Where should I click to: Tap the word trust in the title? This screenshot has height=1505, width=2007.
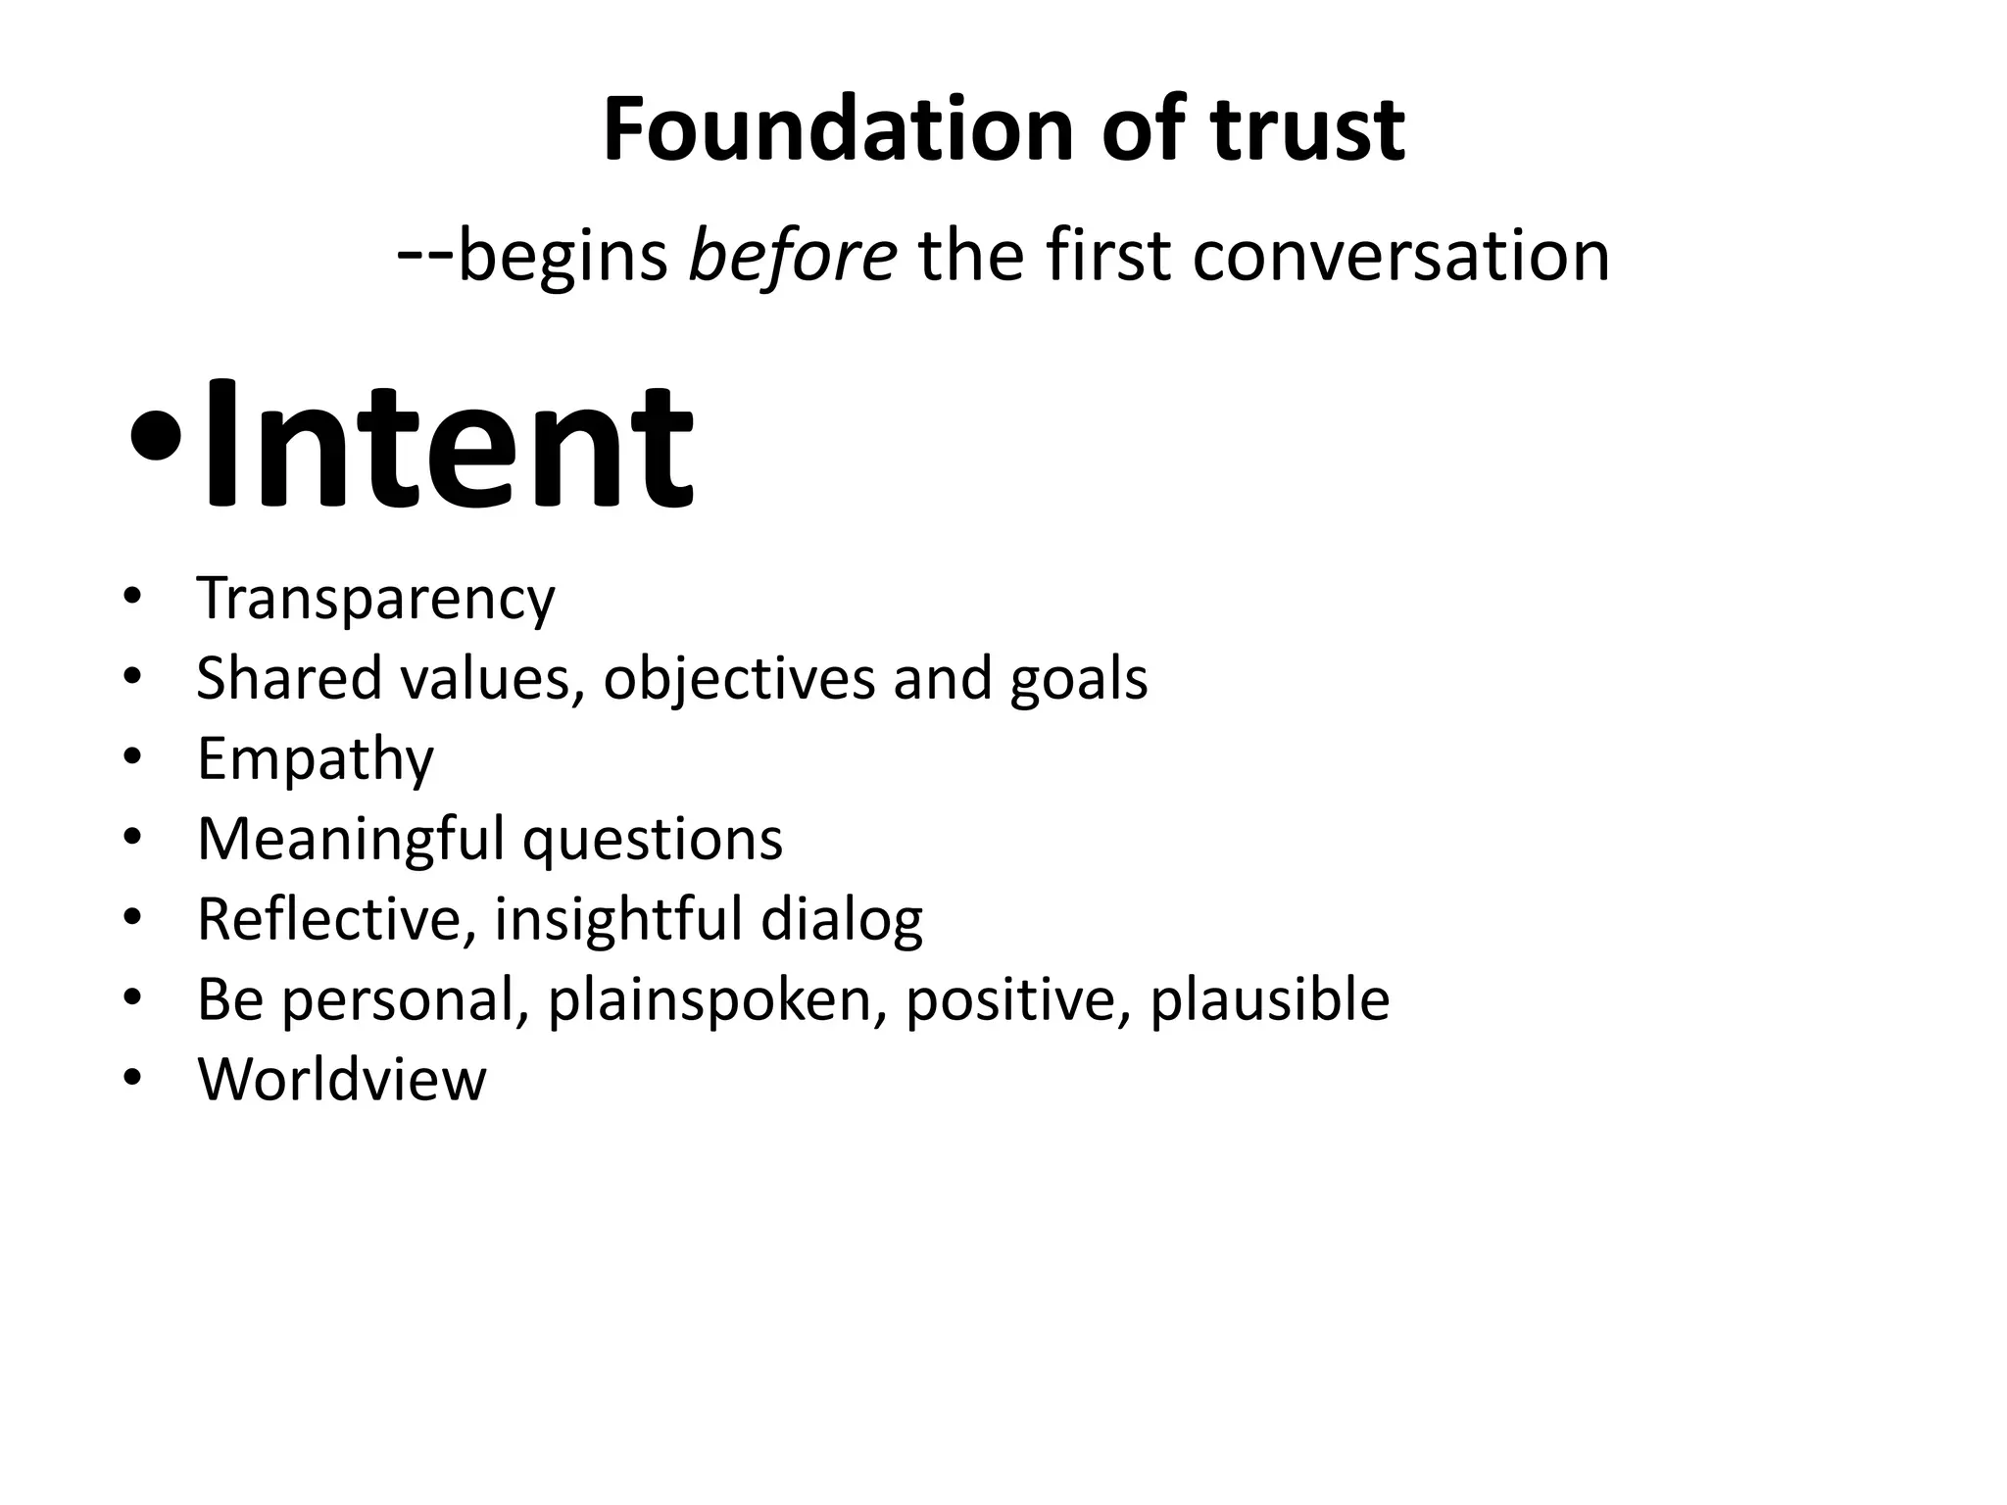click(1307, 130)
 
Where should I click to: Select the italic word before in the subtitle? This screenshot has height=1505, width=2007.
click(792, 257)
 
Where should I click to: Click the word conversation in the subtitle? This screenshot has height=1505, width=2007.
click(1401, 257)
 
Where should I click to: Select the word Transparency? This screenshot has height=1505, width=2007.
click(375, 599)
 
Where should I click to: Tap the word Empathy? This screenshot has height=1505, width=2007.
click(315, 759)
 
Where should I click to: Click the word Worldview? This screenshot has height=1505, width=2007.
click(341, 1080)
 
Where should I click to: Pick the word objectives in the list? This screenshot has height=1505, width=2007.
click(738, 678)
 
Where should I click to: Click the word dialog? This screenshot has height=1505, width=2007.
click(841, 921)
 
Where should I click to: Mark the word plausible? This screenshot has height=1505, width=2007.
click(1269, 1000)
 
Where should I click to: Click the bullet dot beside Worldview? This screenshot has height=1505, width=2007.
click(133, 1080)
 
